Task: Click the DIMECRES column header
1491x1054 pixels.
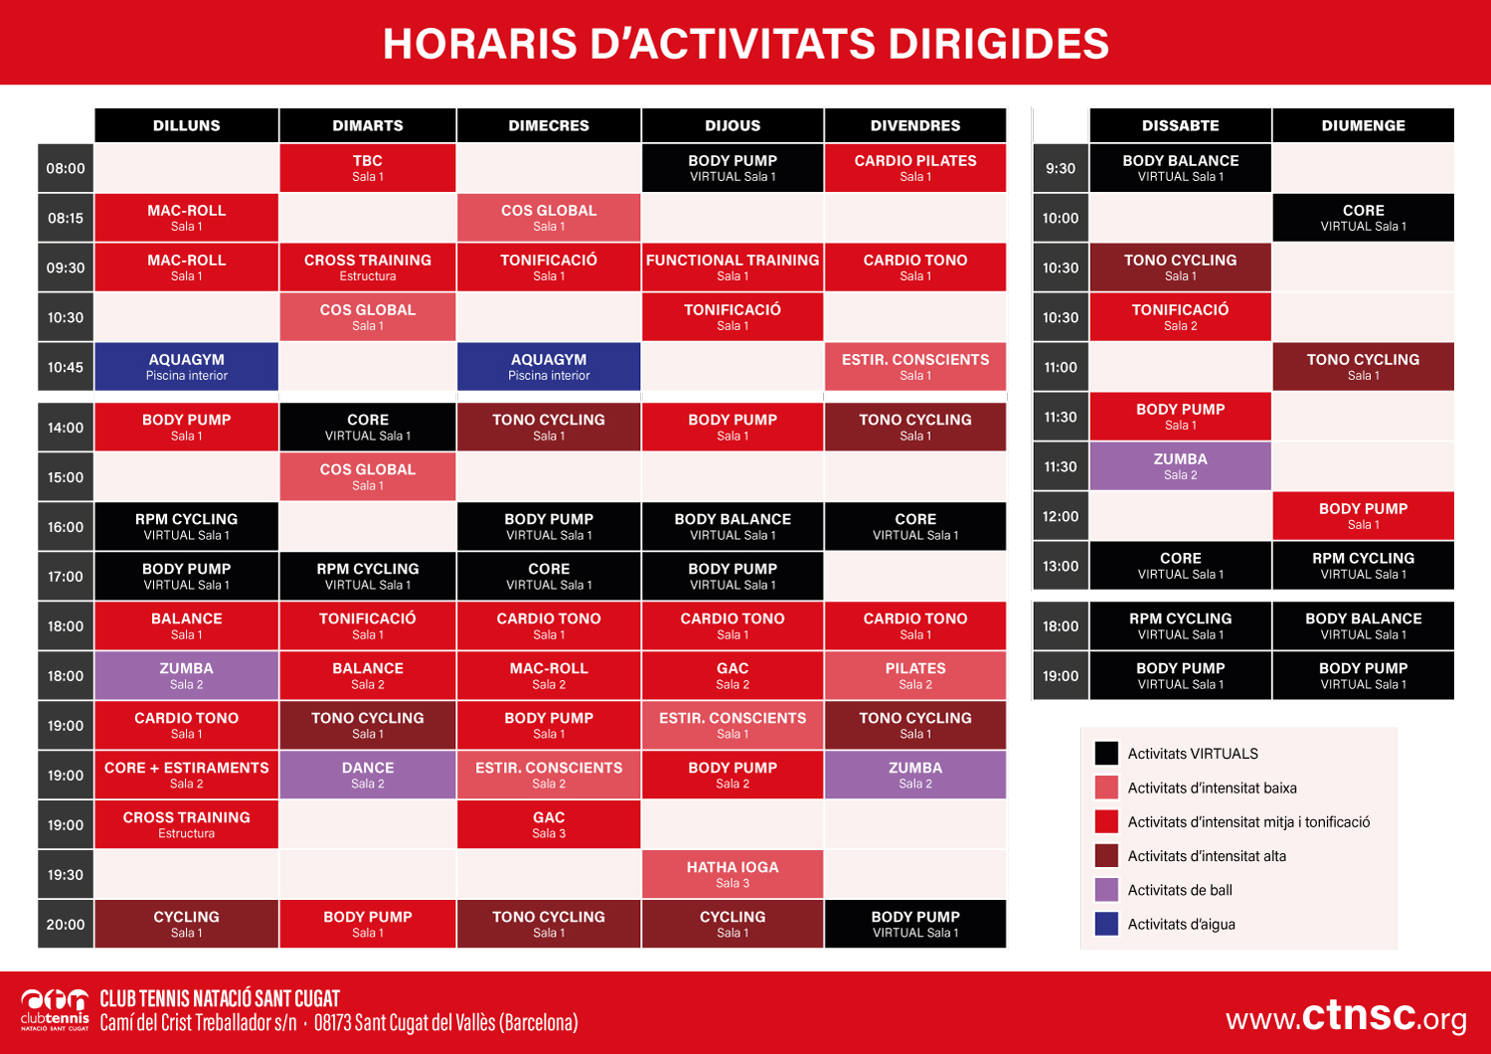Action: [549, 125]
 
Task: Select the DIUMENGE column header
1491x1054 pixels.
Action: [1363, 125]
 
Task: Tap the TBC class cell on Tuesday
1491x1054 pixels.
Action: [368, 168]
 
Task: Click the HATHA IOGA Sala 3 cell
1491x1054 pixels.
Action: [733, 874]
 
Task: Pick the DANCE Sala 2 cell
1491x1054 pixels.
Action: [368, 775]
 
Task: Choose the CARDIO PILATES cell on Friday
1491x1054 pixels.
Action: [914, 168]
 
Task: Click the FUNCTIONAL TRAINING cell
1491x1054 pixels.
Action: [733, 267]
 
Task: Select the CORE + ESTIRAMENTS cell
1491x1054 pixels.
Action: [187, 775]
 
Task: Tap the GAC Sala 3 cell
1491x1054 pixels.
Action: [549, 824]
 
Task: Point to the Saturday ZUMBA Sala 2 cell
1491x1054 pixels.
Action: [1180, 466]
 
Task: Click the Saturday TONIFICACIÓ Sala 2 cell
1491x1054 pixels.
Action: [1180, 317]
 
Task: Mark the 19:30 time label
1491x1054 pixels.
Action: [66, 875]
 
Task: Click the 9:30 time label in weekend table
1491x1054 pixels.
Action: [1061, 169]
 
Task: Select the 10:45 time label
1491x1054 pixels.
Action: [66, 368]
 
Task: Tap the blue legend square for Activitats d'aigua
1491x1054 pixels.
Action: [1106, 924]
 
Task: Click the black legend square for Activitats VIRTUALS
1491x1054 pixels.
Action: [1106, 753]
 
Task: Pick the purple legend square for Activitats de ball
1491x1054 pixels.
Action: [1106, 890]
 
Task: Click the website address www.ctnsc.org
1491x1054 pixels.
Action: [1346, 1016]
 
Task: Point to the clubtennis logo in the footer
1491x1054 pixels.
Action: [56, 1008]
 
